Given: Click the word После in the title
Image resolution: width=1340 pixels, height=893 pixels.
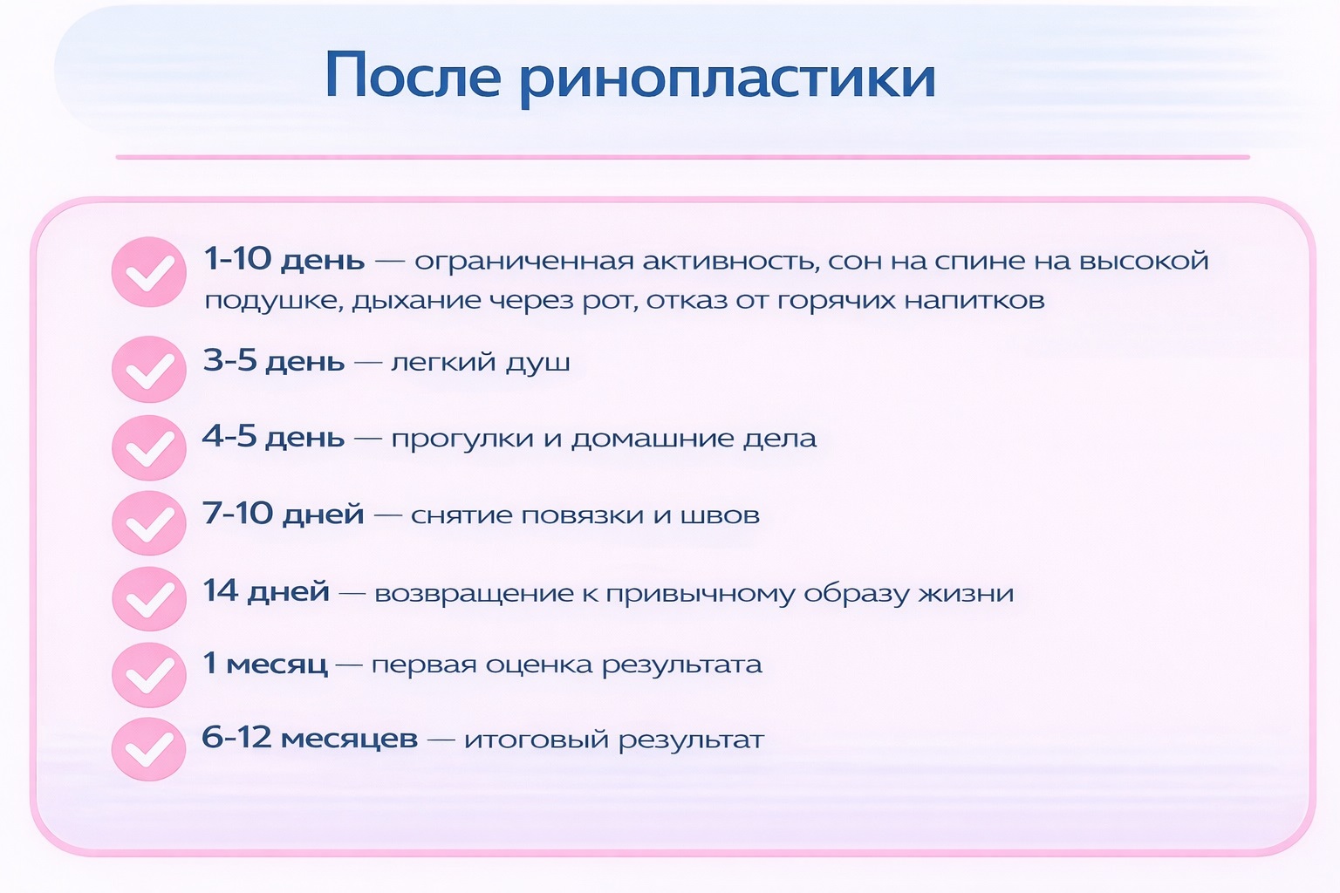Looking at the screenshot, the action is (414, 75).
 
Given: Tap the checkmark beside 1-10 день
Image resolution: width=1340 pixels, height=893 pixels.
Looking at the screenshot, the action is (149, 272).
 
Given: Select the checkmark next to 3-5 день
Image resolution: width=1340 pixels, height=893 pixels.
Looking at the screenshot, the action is (149, 368).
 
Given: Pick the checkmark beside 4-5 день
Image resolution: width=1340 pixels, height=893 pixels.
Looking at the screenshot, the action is (149, 447).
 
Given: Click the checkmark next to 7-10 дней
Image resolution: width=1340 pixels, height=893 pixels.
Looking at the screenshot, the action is (149, 522).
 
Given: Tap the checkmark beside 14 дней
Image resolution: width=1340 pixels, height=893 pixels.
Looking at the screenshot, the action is (149, 599).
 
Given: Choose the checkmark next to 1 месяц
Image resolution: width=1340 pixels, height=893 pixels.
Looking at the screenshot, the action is (149, 675).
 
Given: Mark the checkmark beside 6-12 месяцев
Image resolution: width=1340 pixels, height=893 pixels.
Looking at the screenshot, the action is (149, 749).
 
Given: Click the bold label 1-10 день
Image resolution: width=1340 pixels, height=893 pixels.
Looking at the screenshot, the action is (284, 260).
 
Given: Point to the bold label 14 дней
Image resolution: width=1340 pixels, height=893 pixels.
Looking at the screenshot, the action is (266, 591).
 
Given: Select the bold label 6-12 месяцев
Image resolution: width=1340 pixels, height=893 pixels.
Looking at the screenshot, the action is (310, 738).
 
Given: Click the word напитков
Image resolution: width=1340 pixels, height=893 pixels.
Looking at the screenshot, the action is (974, 300).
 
